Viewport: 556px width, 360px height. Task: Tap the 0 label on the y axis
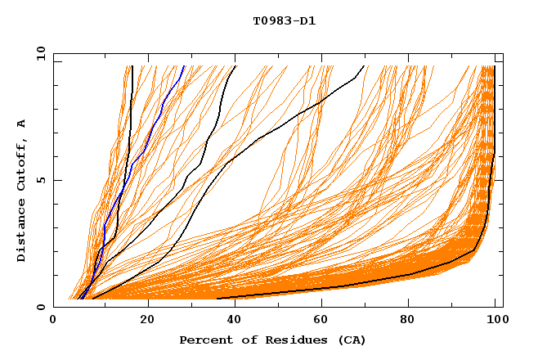coord(40,307)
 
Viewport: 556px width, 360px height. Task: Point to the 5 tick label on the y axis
coord(40,180)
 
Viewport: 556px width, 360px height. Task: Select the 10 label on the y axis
coord(38,52)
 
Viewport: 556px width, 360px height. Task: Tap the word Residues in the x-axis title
coord(280,340)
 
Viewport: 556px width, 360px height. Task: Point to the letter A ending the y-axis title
coord(21,124)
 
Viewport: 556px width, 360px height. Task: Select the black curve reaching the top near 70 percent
coord(327,98)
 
